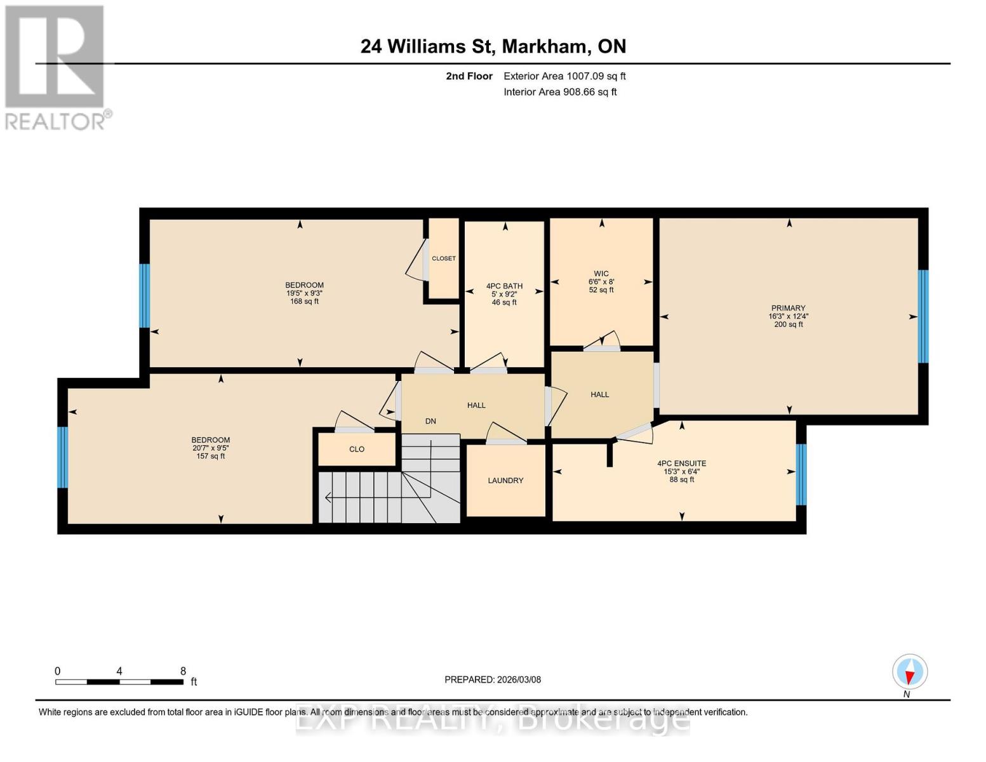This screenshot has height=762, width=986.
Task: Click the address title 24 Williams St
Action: (x=493, y=46)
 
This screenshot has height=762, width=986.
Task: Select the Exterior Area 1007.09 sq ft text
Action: (x=564, y=76)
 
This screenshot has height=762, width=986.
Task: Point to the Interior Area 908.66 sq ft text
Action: (x=560, y=92)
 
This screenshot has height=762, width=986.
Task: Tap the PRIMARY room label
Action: (x=788, y=308)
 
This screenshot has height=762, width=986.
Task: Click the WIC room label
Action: (x=601, y=274)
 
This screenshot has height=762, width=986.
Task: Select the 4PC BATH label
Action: (x=504, y=286)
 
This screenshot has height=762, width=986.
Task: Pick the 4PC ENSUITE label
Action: (x=681, y=464)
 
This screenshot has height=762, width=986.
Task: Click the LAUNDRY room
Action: (x=505, y=481)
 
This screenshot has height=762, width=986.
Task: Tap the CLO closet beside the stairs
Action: (x=357, y=449)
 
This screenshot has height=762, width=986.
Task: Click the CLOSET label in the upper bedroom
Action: (x=444, y=258)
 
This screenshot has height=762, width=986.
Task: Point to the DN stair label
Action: (x=430, y=421)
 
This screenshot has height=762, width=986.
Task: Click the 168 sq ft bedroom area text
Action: (x=304, y=302)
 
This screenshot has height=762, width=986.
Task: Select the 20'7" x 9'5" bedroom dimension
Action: (x=211, y=448)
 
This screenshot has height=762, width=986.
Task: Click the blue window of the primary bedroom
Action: (x=923, y=316)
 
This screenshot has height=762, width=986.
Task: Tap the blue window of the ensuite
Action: (x=801, y=474)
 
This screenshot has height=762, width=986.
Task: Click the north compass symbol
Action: (x=910, y=671)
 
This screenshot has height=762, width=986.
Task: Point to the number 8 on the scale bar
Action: (x=183, y=671)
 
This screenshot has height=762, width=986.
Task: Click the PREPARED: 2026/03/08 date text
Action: (x=493, y=679)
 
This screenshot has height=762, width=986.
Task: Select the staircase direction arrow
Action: (x=329, y=498)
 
